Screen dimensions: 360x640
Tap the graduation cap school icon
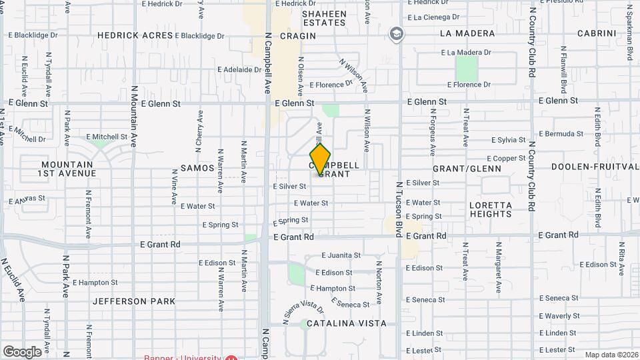[x=397, y=34]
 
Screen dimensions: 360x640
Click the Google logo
[x=22, y=351]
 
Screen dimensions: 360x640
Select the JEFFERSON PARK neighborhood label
[x=134, y=301]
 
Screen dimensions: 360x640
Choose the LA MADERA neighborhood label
[x=467, y=33]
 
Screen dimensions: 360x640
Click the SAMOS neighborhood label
[x=197, y=168]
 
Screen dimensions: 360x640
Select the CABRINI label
[x=596, y=33]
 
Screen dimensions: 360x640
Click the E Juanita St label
[x=341, y=255]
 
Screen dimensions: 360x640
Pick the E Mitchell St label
[x=106, y=137]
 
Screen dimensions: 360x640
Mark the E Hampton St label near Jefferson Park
[x=95, y=283]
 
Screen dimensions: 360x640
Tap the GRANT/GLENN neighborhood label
[x=467, y=169]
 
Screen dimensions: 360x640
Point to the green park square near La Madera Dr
[x=467, y=68]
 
